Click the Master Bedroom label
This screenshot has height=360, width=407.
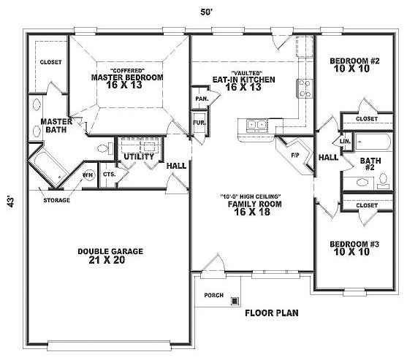(x=127, y=77)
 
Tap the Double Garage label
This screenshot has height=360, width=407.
(x=110, y=251)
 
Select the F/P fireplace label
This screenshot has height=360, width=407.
(x=295, y=156)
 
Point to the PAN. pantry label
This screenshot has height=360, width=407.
(x=202, y=99)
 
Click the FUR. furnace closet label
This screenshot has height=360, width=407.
(x=199, y=123)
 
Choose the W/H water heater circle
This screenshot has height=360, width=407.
(x=88, y=175)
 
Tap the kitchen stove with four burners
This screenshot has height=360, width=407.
(x=304, y=88)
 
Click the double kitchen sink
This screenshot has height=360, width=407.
(x=256, y=125)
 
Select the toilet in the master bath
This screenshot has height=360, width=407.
(x=106, y=148)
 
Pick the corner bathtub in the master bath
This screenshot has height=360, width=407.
(x=48, y=168)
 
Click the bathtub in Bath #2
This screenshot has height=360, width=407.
(x=373, y=142)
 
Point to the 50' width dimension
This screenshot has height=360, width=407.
(x=206, y=12)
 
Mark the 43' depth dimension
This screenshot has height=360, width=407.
(x=11, y=201)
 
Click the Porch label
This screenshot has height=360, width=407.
(x=213, y=295)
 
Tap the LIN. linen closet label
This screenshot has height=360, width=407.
(x=345, y=142)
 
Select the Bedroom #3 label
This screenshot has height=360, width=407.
(x=354, y=244)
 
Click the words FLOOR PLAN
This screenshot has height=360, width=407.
(x=272, y=313)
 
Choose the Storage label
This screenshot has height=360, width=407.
(x=56, y=200)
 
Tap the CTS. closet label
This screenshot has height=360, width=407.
(x=110, y=175)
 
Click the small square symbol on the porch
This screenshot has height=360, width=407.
(x=235, y=301)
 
